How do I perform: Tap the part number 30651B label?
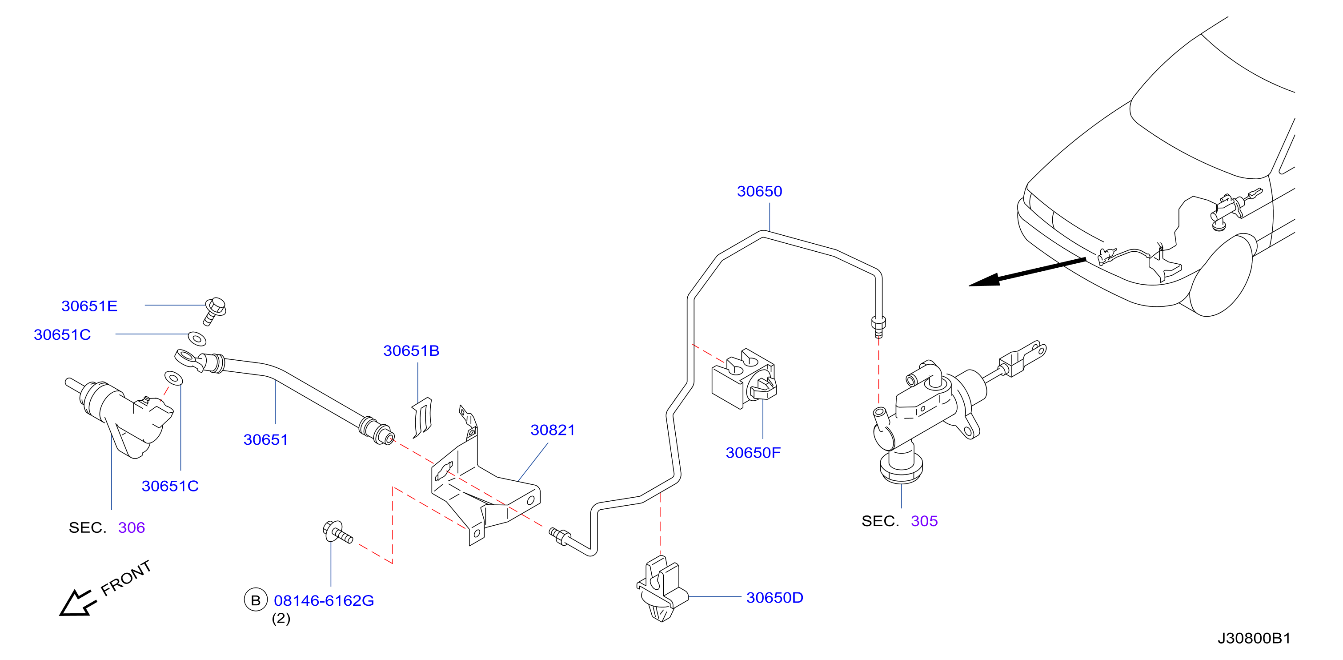click(x=411, y=350)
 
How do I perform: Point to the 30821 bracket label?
click(x=553, y=430)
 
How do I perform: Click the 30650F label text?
click(x=753, y=452)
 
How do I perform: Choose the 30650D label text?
click(x=775, y=597)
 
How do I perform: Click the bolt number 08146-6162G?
click(x=324, y=600)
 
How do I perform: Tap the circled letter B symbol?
click(x=256, y=600)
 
